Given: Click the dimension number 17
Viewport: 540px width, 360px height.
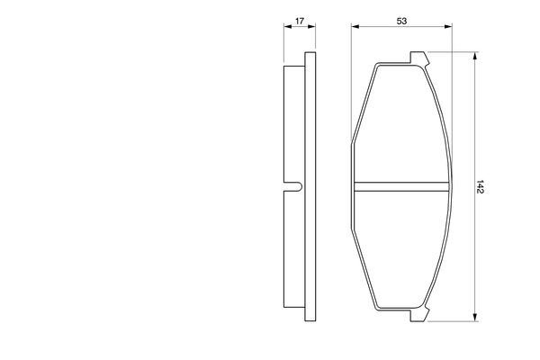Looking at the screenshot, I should point(300,19).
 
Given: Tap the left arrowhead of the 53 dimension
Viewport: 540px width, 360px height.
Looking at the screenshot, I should point(355,27).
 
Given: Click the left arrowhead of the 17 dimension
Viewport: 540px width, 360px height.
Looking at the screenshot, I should point(286,27).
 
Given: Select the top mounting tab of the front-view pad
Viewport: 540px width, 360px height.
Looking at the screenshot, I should point(419,58).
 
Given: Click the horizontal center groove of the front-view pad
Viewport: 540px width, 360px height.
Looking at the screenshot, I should point(401,187).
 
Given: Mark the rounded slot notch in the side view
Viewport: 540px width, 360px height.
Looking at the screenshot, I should point(294,187).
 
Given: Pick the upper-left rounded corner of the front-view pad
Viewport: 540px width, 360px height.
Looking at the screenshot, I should point(376,68).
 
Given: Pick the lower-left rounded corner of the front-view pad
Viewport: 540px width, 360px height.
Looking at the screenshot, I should point(376,306).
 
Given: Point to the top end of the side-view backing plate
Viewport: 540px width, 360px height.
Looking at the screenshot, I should point(310,55).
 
